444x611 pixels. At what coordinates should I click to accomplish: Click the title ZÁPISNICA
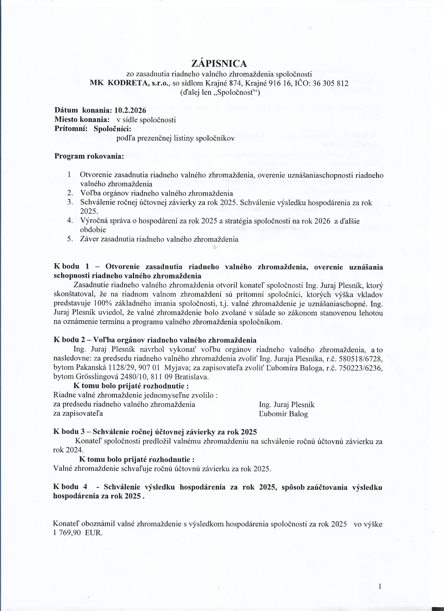219,64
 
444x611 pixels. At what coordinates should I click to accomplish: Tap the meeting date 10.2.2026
130,110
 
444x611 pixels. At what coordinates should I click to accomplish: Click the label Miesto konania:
82,119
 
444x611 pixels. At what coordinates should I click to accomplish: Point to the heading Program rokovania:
89,157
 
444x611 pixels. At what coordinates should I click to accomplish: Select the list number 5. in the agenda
71,239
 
